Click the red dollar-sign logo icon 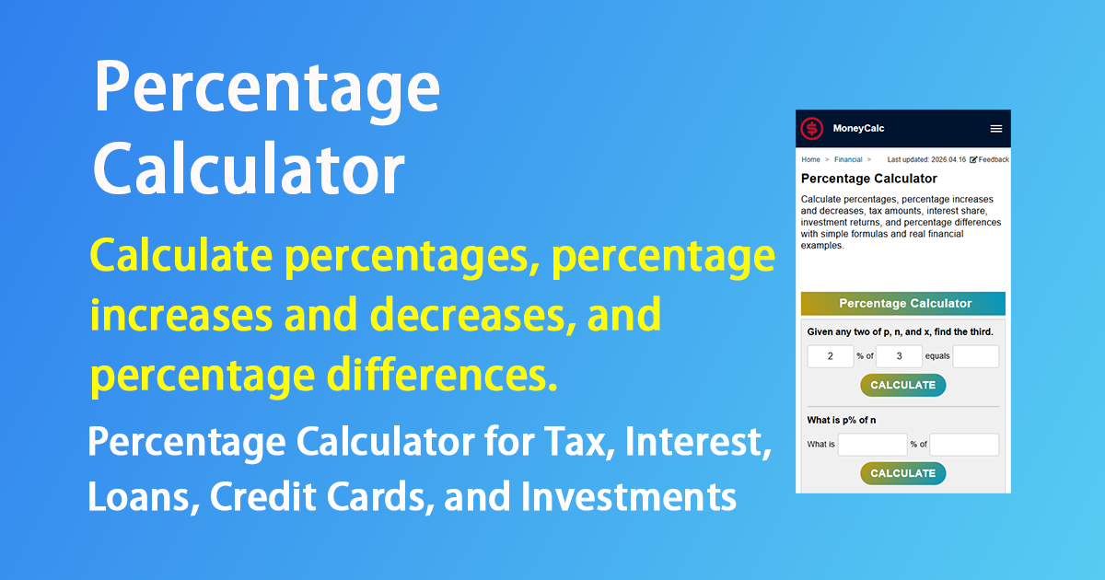tap(811, 129)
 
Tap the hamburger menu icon tap(996, 129)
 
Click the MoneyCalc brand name tap(858, 128)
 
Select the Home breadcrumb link tap(810, 159)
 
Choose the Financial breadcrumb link tap(848, 159)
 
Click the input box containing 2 tap(831, 356)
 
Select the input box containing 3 tap(899, 356)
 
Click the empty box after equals tap(976, 356)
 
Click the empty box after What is tap(873, 445)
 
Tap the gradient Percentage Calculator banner tap(902, 303)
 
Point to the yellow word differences tap(442, 375)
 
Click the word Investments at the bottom tap(628, 496)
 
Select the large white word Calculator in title tap(250, 168)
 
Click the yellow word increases tap(181, 315)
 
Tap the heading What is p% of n tap(842, 420)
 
